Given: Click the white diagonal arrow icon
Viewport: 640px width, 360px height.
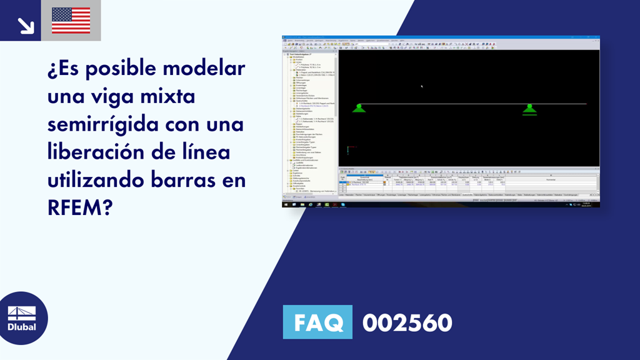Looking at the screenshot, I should click(26, 25).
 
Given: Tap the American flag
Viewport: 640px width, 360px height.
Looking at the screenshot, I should click(71, 21).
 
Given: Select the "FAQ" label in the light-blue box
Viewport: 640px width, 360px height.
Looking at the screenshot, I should click(317, 322).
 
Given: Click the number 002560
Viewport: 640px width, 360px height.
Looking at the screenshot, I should click(407, 322).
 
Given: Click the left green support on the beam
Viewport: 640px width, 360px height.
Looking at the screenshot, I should click(358, 108).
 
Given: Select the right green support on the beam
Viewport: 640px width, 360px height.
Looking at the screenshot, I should click(529, 109).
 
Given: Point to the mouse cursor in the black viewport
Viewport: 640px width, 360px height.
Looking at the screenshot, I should click(422, 86).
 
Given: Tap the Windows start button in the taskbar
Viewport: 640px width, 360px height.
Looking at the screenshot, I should click(285, 204).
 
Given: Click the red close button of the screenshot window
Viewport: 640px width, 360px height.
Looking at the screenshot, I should click(596, 37).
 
